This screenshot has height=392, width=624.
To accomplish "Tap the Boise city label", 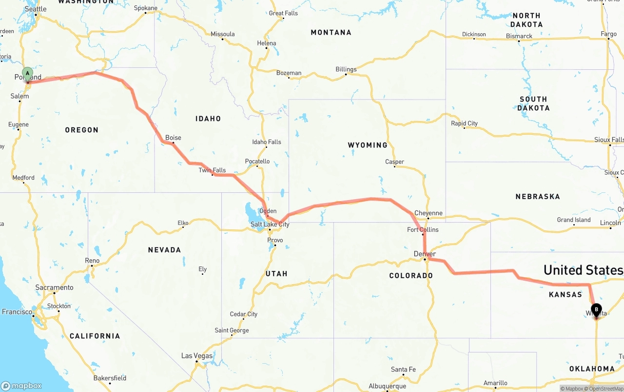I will [x=173, y=138].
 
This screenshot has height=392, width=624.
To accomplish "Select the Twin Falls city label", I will [x=212, y=170].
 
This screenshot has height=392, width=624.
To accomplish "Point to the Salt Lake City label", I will [x=270, y=225].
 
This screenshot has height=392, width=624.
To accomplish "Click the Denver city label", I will [x=425, y=254].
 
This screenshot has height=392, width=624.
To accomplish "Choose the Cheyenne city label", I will [x=428, y=213].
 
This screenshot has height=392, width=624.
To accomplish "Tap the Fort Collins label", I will [x=423, y=229].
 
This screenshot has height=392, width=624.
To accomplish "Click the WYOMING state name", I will [x=367, y=145].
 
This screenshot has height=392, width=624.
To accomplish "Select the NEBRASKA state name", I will [x=537, y=196].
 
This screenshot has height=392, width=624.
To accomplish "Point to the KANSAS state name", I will [x=565, y=294].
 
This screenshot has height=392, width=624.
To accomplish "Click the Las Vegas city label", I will [x=196, y=356].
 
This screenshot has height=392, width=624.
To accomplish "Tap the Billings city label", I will [x=346, y=69].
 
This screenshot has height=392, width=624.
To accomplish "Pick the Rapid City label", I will [x=464, y=124].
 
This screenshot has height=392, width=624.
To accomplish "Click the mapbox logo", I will [x=22, y=386].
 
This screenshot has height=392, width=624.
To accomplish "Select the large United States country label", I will [x=583, y=270].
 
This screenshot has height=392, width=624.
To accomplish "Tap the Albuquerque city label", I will [x=388, y=386].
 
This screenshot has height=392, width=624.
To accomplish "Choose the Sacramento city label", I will [x=54, y=288].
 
